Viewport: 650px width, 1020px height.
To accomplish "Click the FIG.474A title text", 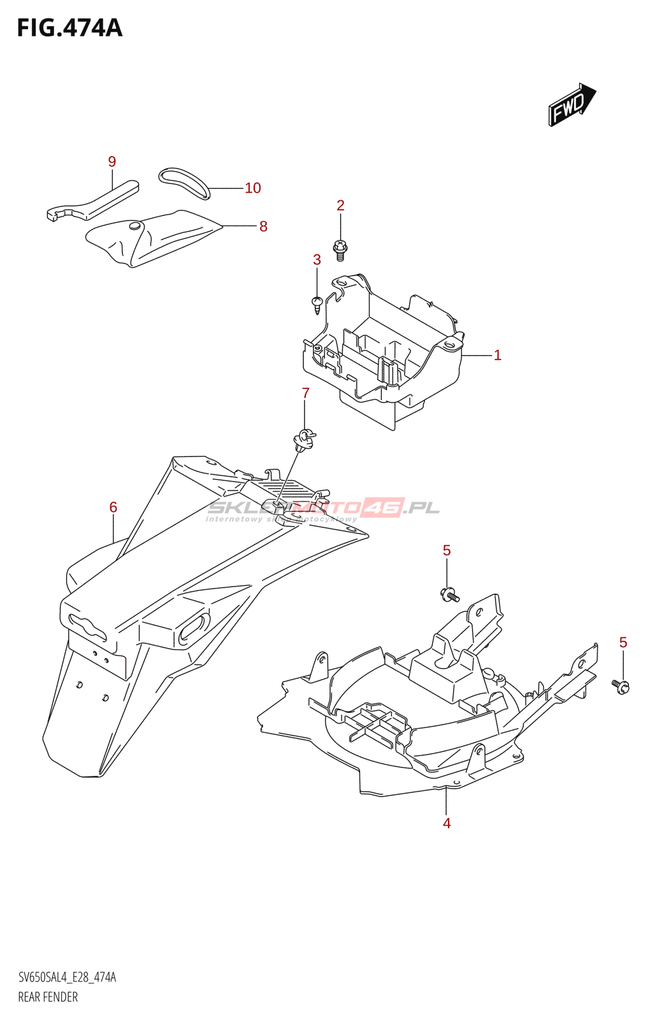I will coord(69,29).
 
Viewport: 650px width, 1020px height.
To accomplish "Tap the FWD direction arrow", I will coord(571,104).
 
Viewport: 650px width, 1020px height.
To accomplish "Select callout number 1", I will coord(498,355).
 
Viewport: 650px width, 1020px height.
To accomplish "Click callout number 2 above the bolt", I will coord(340,205).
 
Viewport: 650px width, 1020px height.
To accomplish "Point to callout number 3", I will coord(317,259).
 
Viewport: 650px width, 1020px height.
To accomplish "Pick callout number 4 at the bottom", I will coord(447,823).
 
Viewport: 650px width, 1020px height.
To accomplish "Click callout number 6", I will coord(113,507).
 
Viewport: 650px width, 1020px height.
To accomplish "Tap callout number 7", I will coord(305,393).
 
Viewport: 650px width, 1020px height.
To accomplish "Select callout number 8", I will coord(263,226).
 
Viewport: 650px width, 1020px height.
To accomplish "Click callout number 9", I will coord(112,162).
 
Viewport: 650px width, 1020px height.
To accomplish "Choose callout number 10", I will coord(253,188).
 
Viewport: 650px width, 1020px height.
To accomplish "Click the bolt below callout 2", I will coord(340,249).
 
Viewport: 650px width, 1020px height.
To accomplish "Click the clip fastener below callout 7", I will coord(304,439).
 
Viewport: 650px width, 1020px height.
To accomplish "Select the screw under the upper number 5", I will coord(449,595).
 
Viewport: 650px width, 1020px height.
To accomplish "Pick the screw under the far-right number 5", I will coord(621,686).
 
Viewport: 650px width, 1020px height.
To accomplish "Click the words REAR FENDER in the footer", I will coord(48,997).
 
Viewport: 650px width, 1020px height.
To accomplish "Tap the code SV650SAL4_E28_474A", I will coord(67,977).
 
